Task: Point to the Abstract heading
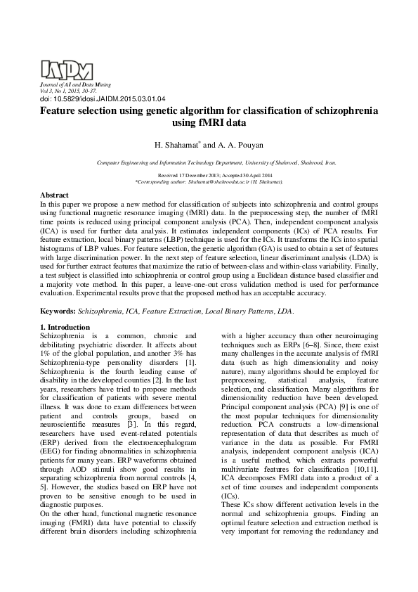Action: point(54,195)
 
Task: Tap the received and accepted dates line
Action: point(209,174)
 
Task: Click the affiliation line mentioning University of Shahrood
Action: point(209,161)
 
